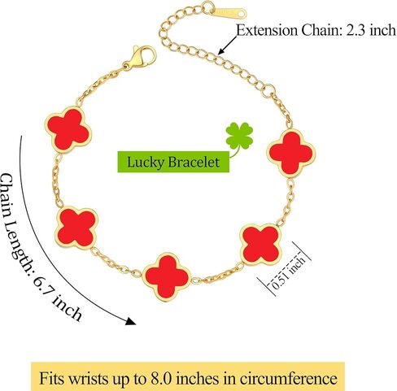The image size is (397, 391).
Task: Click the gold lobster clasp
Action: point(140,58)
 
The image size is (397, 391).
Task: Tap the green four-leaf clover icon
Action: point(239,137)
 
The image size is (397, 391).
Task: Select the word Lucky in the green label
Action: point(146,163)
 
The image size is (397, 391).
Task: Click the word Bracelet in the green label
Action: point(194,162)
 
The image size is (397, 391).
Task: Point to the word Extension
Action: point(267,30)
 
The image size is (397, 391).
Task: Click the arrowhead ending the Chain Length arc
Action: point(131,321)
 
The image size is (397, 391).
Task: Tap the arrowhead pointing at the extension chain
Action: point(221,51)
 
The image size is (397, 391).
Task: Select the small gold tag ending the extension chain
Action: point(230,12)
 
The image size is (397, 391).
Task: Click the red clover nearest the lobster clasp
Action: point(68,129)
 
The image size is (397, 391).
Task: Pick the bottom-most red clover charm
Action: point(167,277)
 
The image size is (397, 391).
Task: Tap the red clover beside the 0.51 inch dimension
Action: point(260,245)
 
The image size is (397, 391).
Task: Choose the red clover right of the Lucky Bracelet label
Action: point(291,153)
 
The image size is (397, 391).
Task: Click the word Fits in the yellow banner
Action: point(52,378)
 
